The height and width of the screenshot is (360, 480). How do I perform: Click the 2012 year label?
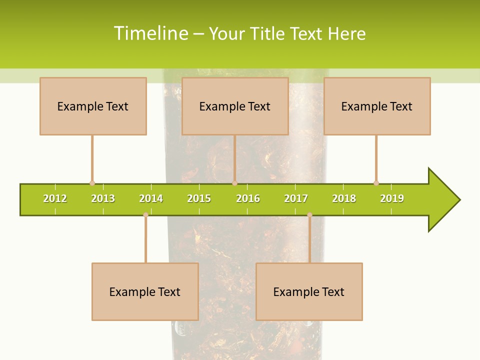click(55, 198)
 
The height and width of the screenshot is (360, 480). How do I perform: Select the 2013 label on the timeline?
click(103, 198)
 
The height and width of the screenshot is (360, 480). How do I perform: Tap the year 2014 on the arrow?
click(151, 198)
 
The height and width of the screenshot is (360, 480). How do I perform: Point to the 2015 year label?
click(199, 198)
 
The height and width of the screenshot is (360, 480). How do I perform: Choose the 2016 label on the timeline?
click(248, 198)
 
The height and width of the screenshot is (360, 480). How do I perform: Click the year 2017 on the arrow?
click(296, 198)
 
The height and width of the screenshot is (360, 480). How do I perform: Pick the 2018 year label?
click(344, 198)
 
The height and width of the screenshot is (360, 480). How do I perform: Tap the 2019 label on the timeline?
click(392, 198)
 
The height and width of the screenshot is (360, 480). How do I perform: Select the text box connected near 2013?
click(93, 106)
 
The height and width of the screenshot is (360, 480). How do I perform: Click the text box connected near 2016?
click(235, 106)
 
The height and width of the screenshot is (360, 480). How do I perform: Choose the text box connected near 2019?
click(377, 106)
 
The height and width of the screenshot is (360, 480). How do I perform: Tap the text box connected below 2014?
click(145, 291)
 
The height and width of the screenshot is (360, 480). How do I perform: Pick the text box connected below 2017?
click(309, 291)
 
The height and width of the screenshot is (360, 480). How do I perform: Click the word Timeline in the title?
click(150, 33)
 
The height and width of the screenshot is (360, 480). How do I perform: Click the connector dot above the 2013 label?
click(92, 183)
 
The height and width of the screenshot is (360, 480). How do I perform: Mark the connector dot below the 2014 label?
click(145, 215)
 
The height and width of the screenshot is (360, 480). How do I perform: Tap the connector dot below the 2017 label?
click(309, 215)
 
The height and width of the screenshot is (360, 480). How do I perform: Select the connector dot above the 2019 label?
click(376, 183)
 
